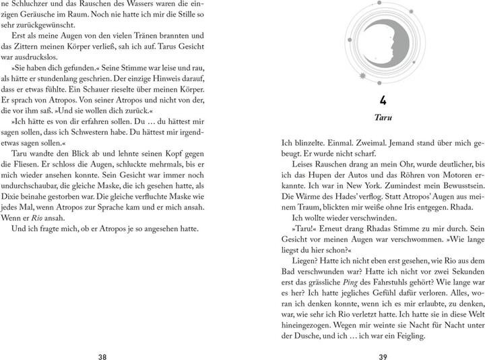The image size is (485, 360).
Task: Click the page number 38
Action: tap(102, 338)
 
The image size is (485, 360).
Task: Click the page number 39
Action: tap(383, 338)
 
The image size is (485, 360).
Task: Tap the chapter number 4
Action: tap(382, 100)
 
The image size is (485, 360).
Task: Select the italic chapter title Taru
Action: tap(382, 117)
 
